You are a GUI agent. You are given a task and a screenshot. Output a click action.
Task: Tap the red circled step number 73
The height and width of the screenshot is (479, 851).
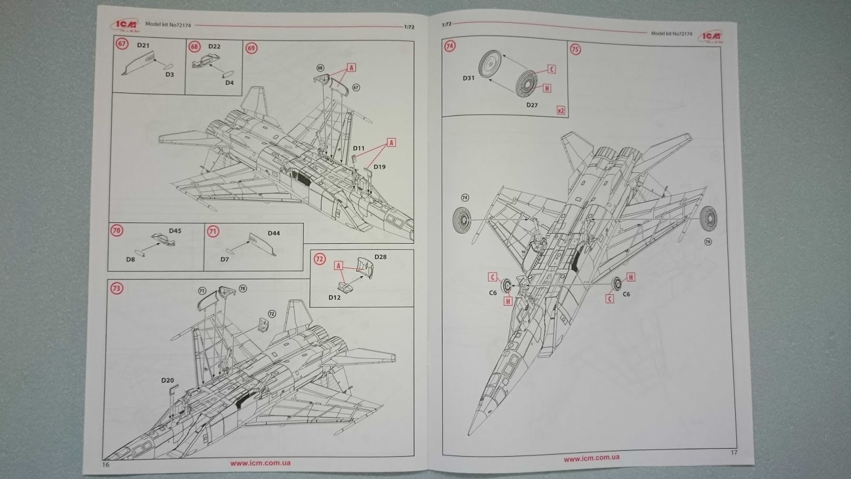[x=116, y=288]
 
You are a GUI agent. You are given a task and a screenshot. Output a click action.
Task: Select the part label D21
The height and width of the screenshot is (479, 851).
[x=143, y=45]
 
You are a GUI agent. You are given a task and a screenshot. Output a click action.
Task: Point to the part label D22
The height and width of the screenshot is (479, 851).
[x=214, y=46]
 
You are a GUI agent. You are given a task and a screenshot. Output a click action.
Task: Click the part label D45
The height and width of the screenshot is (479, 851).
[x=175, y=231]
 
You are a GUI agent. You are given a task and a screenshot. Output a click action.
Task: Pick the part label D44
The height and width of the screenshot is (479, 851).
[x=273, y=233]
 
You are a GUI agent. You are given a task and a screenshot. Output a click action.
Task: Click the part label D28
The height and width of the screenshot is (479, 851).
[x=380, y=257]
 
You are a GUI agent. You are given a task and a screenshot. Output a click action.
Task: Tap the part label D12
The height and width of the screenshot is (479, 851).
[x=334, y=298]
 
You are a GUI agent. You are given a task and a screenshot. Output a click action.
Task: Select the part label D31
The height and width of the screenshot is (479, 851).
[x=468, y=78]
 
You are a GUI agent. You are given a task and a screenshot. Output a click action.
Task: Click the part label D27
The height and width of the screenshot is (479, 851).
[x=532, y=105]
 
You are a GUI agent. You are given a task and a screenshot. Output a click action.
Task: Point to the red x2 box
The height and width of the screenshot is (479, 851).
[x=561, y=111]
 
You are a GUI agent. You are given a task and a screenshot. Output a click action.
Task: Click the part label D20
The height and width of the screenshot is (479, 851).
[x=167, y=381]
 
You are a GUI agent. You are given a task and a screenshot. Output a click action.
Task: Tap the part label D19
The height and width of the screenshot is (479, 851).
[x=379, y=167]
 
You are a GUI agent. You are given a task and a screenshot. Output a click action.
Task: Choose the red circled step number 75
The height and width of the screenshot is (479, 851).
[x=575, y=49]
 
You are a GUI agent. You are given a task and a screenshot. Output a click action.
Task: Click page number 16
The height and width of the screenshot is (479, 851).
[x=105, y=465]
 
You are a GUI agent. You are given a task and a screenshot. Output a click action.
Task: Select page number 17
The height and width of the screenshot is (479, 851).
[x=735, y=453]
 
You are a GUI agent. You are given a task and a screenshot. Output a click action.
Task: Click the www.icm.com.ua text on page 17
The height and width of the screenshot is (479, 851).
[x=591, y=458]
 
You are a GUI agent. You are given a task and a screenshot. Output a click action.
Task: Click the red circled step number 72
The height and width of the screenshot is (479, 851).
[x=319, y=259]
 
